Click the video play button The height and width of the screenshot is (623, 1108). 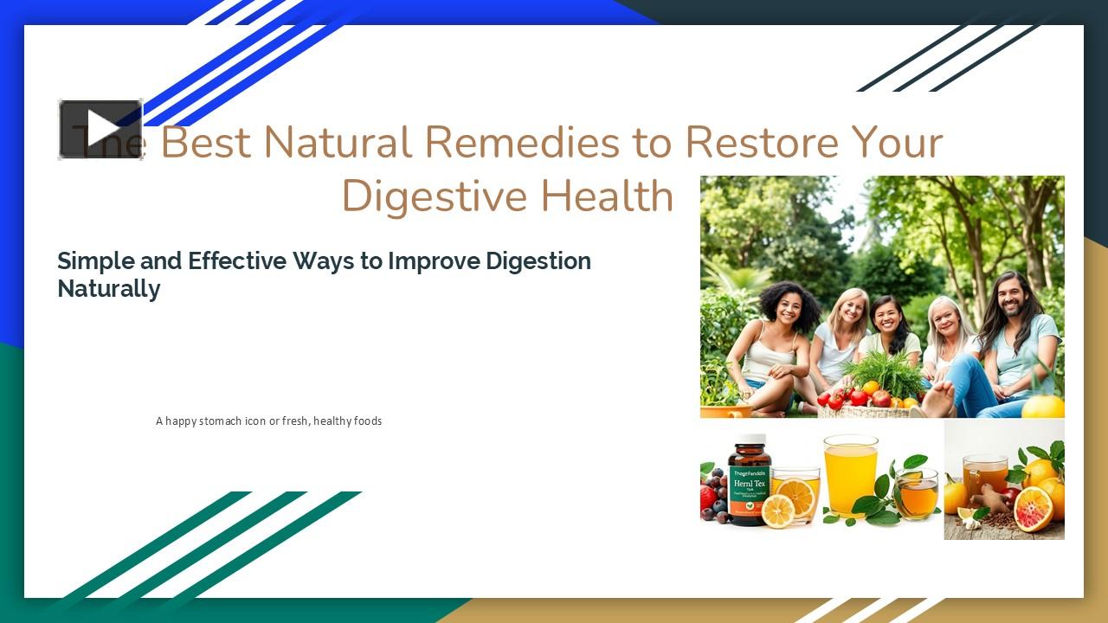100,130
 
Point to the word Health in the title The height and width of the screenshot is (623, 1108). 606,196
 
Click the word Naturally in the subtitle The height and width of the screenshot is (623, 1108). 108,288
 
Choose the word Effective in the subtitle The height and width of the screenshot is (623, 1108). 237,260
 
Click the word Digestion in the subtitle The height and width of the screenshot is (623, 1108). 538,260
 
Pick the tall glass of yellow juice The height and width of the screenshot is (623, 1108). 850,476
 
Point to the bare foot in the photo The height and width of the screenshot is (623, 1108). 938,399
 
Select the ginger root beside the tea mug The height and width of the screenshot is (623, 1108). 992,502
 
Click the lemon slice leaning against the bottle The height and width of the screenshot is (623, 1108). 776,511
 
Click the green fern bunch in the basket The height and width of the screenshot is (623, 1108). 882,372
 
